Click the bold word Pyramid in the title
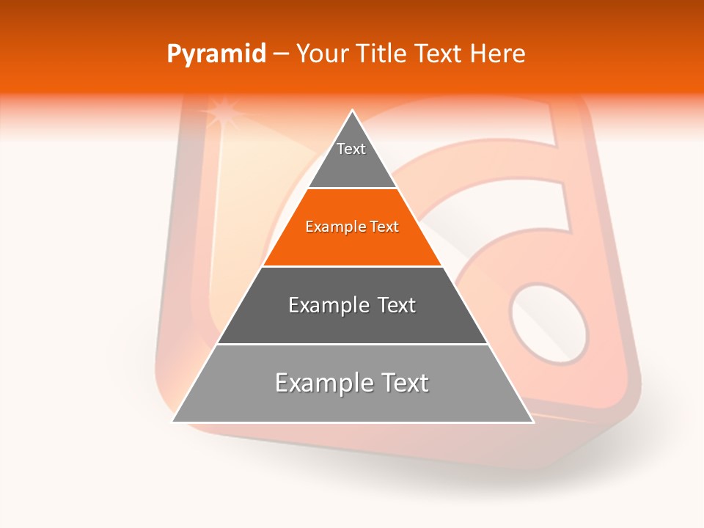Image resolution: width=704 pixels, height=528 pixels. pyautogui.click(x=216, y=54)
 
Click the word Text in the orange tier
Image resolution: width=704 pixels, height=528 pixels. pyautogui.click(x=384, y=227)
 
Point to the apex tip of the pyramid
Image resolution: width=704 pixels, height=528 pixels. pyautogui.click(x=353, y=111)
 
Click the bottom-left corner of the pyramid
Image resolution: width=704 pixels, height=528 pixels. pyautogui.click(x=174, y=421)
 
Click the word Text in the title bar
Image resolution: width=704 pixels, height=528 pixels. pyautogui.click(x=439, y=54)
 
